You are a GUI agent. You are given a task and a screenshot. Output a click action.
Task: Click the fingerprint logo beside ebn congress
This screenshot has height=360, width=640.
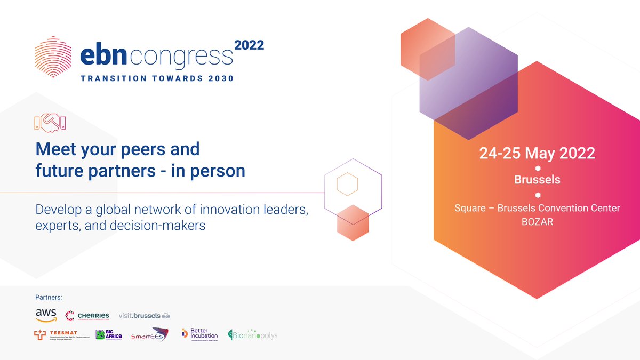coord(52,58)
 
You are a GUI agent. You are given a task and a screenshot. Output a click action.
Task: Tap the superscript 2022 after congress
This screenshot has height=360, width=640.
coord(249,45)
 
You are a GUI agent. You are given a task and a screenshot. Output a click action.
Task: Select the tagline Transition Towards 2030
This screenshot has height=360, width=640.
coord(157,78)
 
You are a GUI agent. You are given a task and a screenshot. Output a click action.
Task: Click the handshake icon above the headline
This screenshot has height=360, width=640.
coord(49,123)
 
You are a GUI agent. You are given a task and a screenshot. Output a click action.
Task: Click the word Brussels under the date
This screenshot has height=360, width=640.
coord(537,180)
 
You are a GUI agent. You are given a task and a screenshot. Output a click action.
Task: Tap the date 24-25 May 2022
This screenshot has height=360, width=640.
coord(537,153)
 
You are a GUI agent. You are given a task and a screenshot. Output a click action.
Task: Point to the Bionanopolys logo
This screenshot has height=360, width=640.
coord(253,335)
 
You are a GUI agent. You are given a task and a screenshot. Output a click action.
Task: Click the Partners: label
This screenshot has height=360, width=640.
coord(49,297)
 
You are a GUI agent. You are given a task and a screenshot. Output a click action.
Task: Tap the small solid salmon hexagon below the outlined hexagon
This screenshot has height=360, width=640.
coord(353,221)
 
